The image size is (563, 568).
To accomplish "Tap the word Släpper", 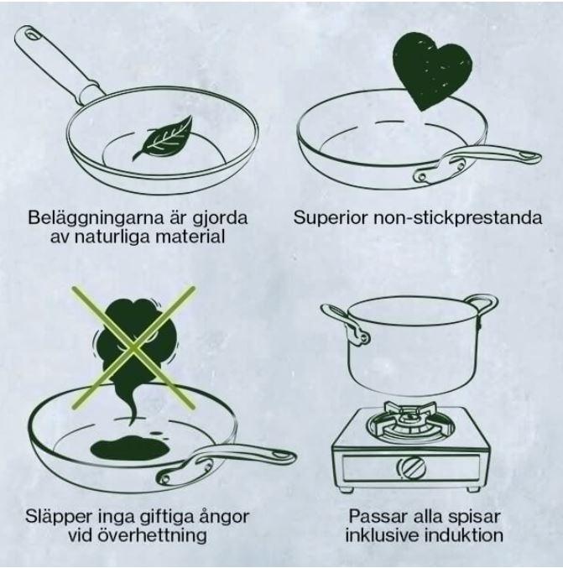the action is point(59,516).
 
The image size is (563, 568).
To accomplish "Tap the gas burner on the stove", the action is point(410,422).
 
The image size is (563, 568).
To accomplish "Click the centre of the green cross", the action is point(133,347).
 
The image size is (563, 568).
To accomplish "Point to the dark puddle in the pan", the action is point(129,449).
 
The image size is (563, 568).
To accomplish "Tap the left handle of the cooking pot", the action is point(346,322).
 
